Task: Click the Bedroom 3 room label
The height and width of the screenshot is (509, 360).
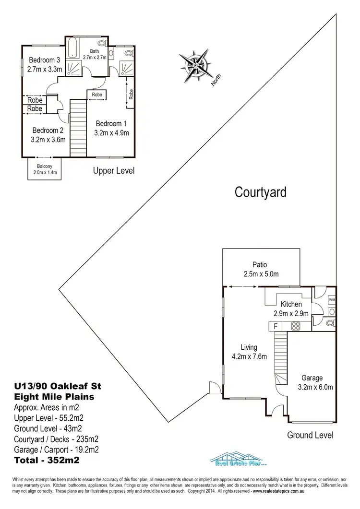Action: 44,60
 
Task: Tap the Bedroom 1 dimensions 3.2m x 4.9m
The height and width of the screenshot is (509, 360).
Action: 112,133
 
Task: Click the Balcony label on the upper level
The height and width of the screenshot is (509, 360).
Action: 45,167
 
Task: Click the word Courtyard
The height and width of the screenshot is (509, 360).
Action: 261,192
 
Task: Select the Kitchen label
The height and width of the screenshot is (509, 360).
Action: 291,304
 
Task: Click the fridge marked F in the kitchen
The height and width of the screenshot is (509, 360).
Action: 275,326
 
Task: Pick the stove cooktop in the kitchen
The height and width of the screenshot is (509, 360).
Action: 295,326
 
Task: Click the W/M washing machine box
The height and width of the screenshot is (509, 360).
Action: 332,300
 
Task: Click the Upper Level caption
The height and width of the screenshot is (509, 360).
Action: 114,170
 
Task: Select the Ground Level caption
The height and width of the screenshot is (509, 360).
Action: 310,435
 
